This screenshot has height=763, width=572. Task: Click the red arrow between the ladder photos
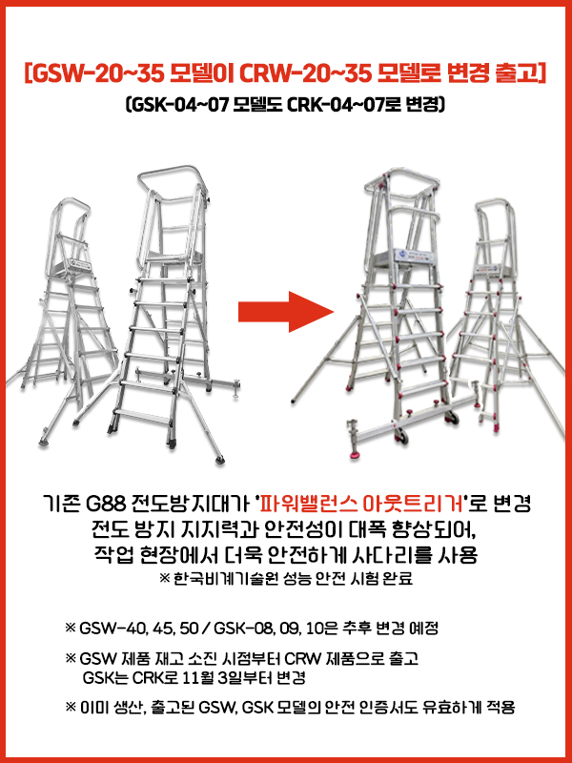(x=286, y=312)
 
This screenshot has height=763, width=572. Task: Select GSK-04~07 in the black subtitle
(x=179, y=105)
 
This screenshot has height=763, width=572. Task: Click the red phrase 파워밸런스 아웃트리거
(x=361, y=505)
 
